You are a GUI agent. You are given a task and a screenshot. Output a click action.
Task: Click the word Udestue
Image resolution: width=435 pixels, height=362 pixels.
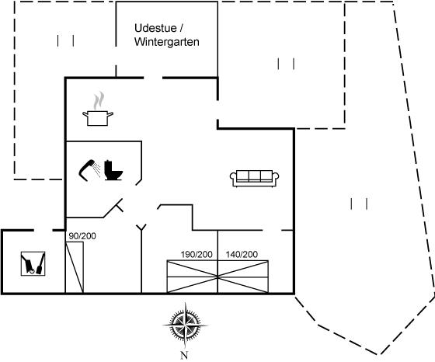pyautogui.click(x=155, y=28)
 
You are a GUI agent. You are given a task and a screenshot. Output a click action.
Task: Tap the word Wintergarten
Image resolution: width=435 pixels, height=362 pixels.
pyautogui.click(x=167, y=42)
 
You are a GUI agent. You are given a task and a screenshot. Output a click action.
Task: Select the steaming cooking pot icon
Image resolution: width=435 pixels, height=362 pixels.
pyautogui.click(x=98, y=109)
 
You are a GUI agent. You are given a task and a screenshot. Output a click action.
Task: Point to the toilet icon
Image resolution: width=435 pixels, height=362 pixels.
pyautogui.click(x=113, y=170)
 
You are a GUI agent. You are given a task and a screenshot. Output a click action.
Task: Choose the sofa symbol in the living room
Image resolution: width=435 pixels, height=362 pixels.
pyautogui.click(x=255, y=179)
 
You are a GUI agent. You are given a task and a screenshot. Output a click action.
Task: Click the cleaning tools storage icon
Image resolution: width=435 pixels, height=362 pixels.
pyautogui.click(x=33, y=263)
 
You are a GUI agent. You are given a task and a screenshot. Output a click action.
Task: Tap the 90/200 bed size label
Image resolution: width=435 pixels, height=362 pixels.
pyautogui.click(x=82, y=236)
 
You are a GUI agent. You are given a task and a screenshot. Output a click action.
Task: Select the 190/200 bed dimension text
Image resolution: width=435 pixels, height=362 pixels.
pyautogui.click(x=197, y=254)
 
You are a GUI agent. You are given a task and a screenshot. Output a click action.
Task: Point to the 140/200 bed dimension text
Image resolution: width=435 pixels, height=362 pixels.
pyautogui.click(x=242, y=254)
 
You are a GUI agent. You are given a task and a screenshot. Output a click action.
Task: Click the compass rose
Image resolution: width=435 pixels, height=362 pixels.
pyautogui.click(x=185, y=325)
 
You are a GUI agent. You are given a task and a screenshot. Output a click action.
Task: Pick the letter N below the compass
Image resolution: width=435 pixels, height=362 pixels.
pyautogui.click(x=184, y=355)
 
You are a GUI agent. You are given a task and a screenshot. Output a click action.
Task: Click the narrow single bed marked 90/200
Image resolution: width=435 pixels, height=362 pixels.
pyautogui.click(x=75, y=267)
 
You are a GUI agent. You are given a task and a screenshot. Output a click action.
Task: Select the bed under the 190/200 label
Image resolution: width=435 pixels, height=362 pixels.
pyautogui.click(x=193, y=277)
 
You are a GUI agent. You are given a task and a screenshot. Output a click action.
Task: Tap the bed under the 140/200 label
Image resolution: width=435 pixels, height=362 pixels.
pyautogui.click(x=243, y=277)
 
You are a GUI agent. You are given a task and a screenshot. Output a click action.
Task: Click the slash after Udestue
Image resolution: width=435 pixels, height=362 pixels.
pyautogui.click(x=181, y=28)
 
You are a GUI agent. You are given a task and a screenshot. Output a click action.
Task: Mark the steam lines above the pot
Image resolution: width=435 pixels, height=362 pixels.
pyautogui.click(x=99, y=101)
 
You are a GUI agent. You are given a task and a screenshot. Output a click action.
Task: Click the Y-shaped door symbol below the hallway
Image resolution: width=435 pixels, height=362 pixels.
pyautogui.click(x=141, y=228)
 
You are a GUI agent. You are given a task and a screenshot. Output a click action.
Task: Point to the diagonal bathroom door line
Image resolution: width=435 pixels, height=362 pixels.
pyautogui.click(x=113, y=208)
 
